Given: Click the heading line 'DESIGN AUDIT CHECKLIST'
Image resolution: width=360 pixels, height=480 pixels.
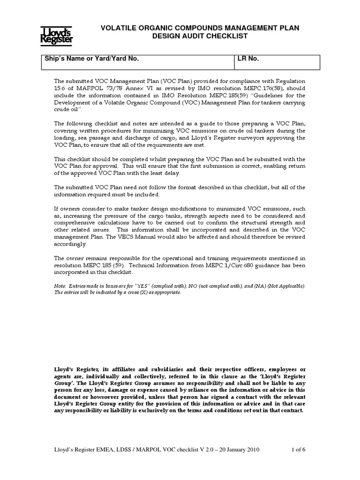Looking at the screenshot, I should coord(202,36).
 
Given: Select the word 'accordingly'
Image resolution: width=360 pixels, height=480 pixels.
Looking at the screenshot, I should coord(70,244).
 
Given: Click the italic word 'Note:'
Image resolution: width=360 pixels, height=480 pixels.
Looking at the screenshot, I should coord(61,286).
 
